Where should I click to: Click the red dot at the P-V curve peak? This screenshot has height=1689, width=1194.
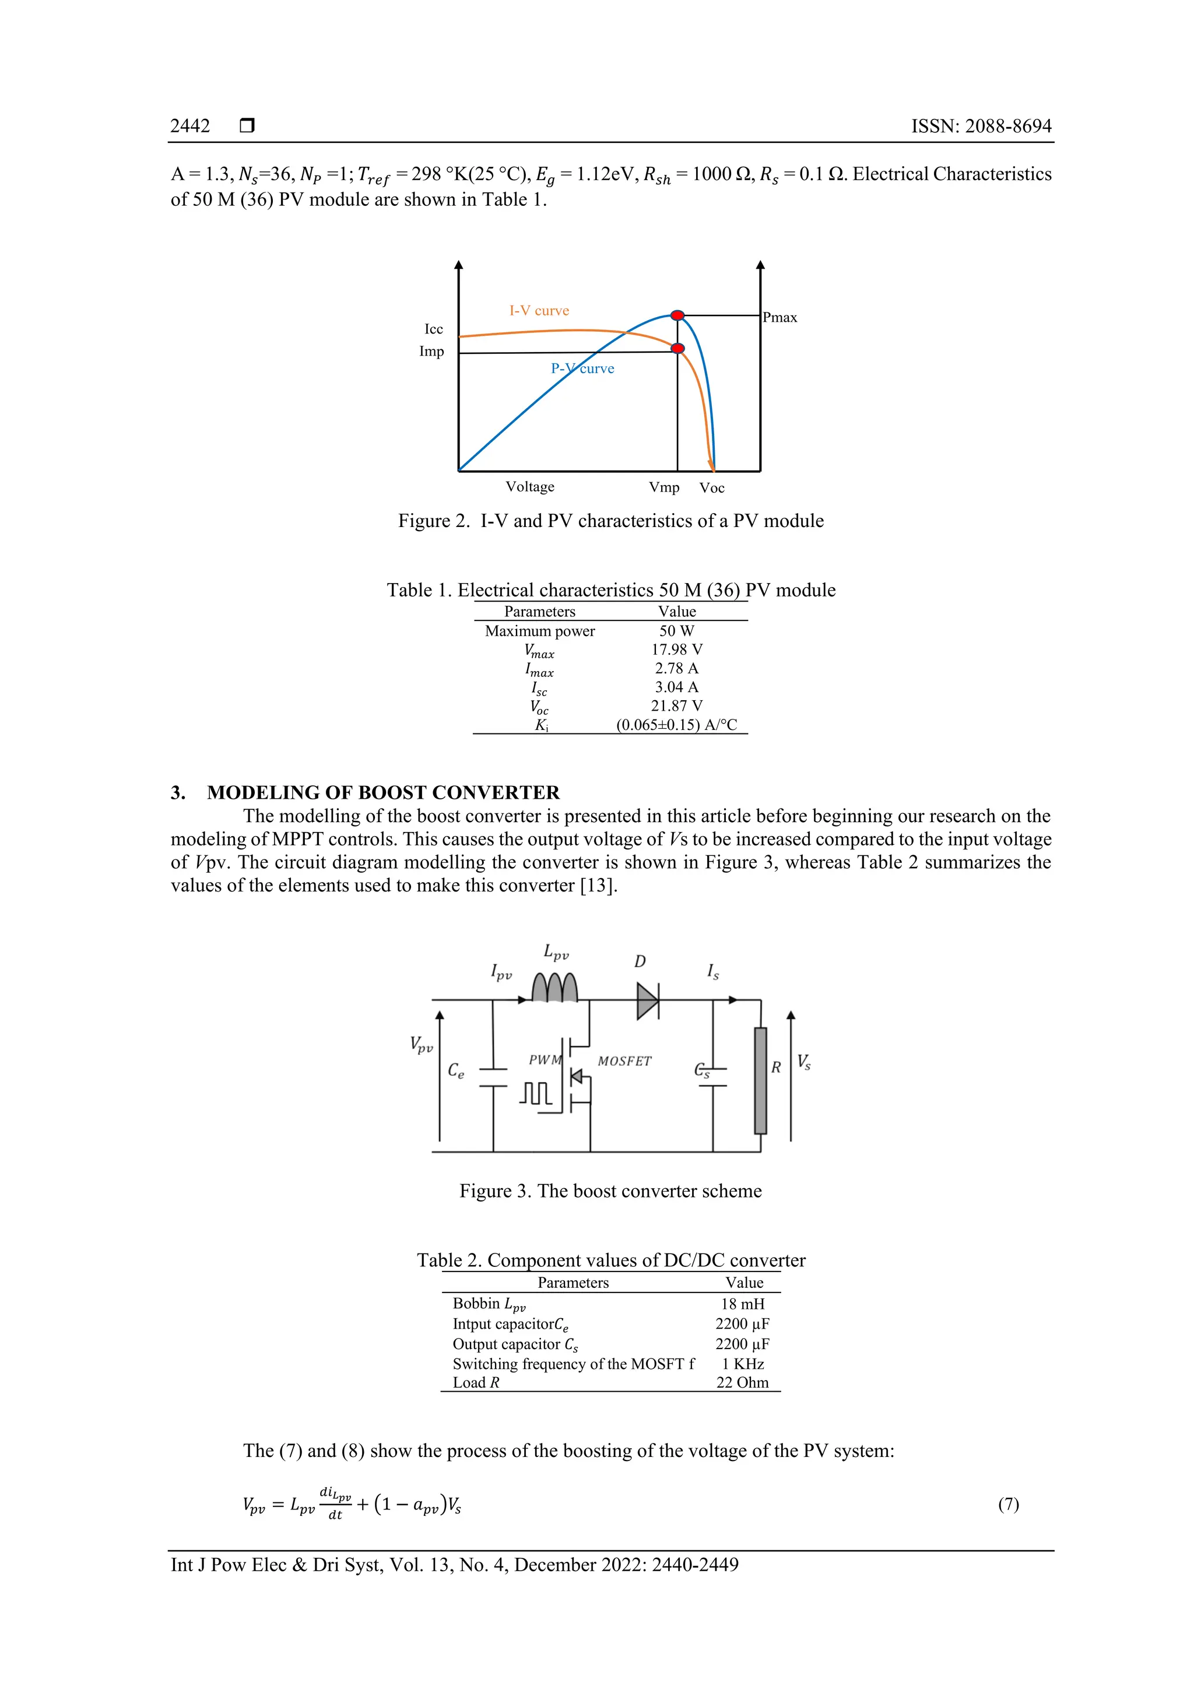pos(677,315)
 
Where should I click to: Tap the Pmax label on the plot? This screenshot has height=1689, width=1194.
pos(780,318)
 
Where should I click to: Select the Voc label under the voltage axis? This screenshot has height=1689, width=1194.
pos(711,489)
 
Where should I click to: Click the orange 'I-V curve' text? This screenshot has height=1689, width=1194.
pos(539,310)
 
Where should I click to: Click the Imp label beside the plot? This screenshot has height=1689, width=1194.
pos(432,352)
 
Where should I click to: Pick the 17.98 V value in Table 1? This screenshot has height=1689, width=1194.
pos(677,649)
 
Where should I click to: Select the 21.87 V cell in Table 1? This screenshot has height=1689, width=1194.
pos(677,706)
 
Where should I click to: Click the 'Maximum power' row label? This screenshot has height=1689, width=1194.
pos(540,631)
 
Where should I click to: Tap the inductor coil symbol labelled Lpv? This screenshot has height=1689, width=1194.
pos(554,987)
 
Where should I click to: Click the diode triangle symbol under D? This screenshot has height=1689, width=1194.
pos(647,1000)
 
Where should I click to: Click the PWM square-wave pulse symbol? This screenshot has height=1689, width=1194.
pos(536,1094)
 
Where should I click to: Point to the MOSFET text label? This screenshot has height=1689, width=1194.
pos(624,1062)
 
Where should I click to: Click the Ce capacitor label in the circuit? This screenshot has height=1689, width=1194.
pos(456,1071)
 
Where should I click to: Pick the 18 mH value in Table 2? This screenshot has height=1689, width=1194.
pos(742,1304)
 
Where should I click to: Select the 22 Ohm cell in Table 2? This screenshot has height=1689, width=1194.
pos(742,1382)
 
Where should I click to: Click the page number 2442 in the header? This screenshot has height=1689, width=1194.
pos(190,126)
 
